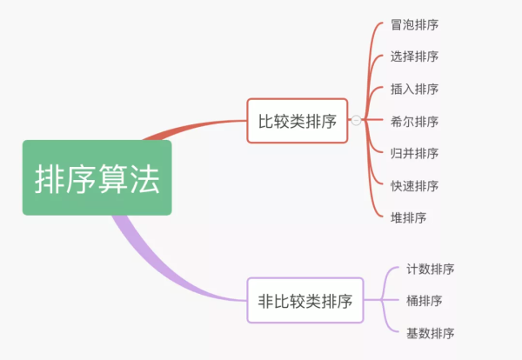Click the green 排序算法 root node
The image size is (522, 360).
click(x=97, y=178)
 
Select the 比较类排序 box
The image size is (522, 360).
click(x=297, y=121)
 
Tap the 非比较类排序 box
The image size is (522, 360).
click(x=304, y=301)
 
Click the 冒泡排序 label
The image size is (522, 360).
click(x=414, y=24)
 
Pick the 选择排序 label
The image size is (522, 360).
click(x=414, y=57)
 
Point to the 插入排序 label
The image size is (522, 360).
click(x=414, y=89)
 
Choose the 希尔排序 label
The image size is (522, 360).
click(x=414, y=121)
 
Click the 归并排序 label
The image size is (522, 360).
click(x=414, y=153)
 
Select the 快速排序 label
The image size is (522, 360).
click(x=414, y=185)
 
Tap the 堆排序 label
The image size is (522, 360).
click(x=408, y=217)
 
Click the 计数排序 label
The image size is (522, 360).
click(x=430, y=269)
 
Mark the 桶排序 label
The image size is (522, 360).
click(x=424, y=301)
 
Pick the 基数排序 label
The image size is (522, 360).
click(x=430, y=333)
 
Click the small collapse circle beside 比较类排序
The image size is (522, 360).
click(x=356, y=121)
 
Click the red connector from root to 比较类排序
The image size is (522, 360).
click(x=200, y=127)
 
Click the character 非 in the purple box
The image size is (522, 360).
click(x=265, y=302)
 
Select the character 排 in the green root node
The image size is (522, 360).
click(x=50, y=179)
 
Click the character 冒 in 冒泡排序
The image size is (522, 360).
click(x=397, y=24)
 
